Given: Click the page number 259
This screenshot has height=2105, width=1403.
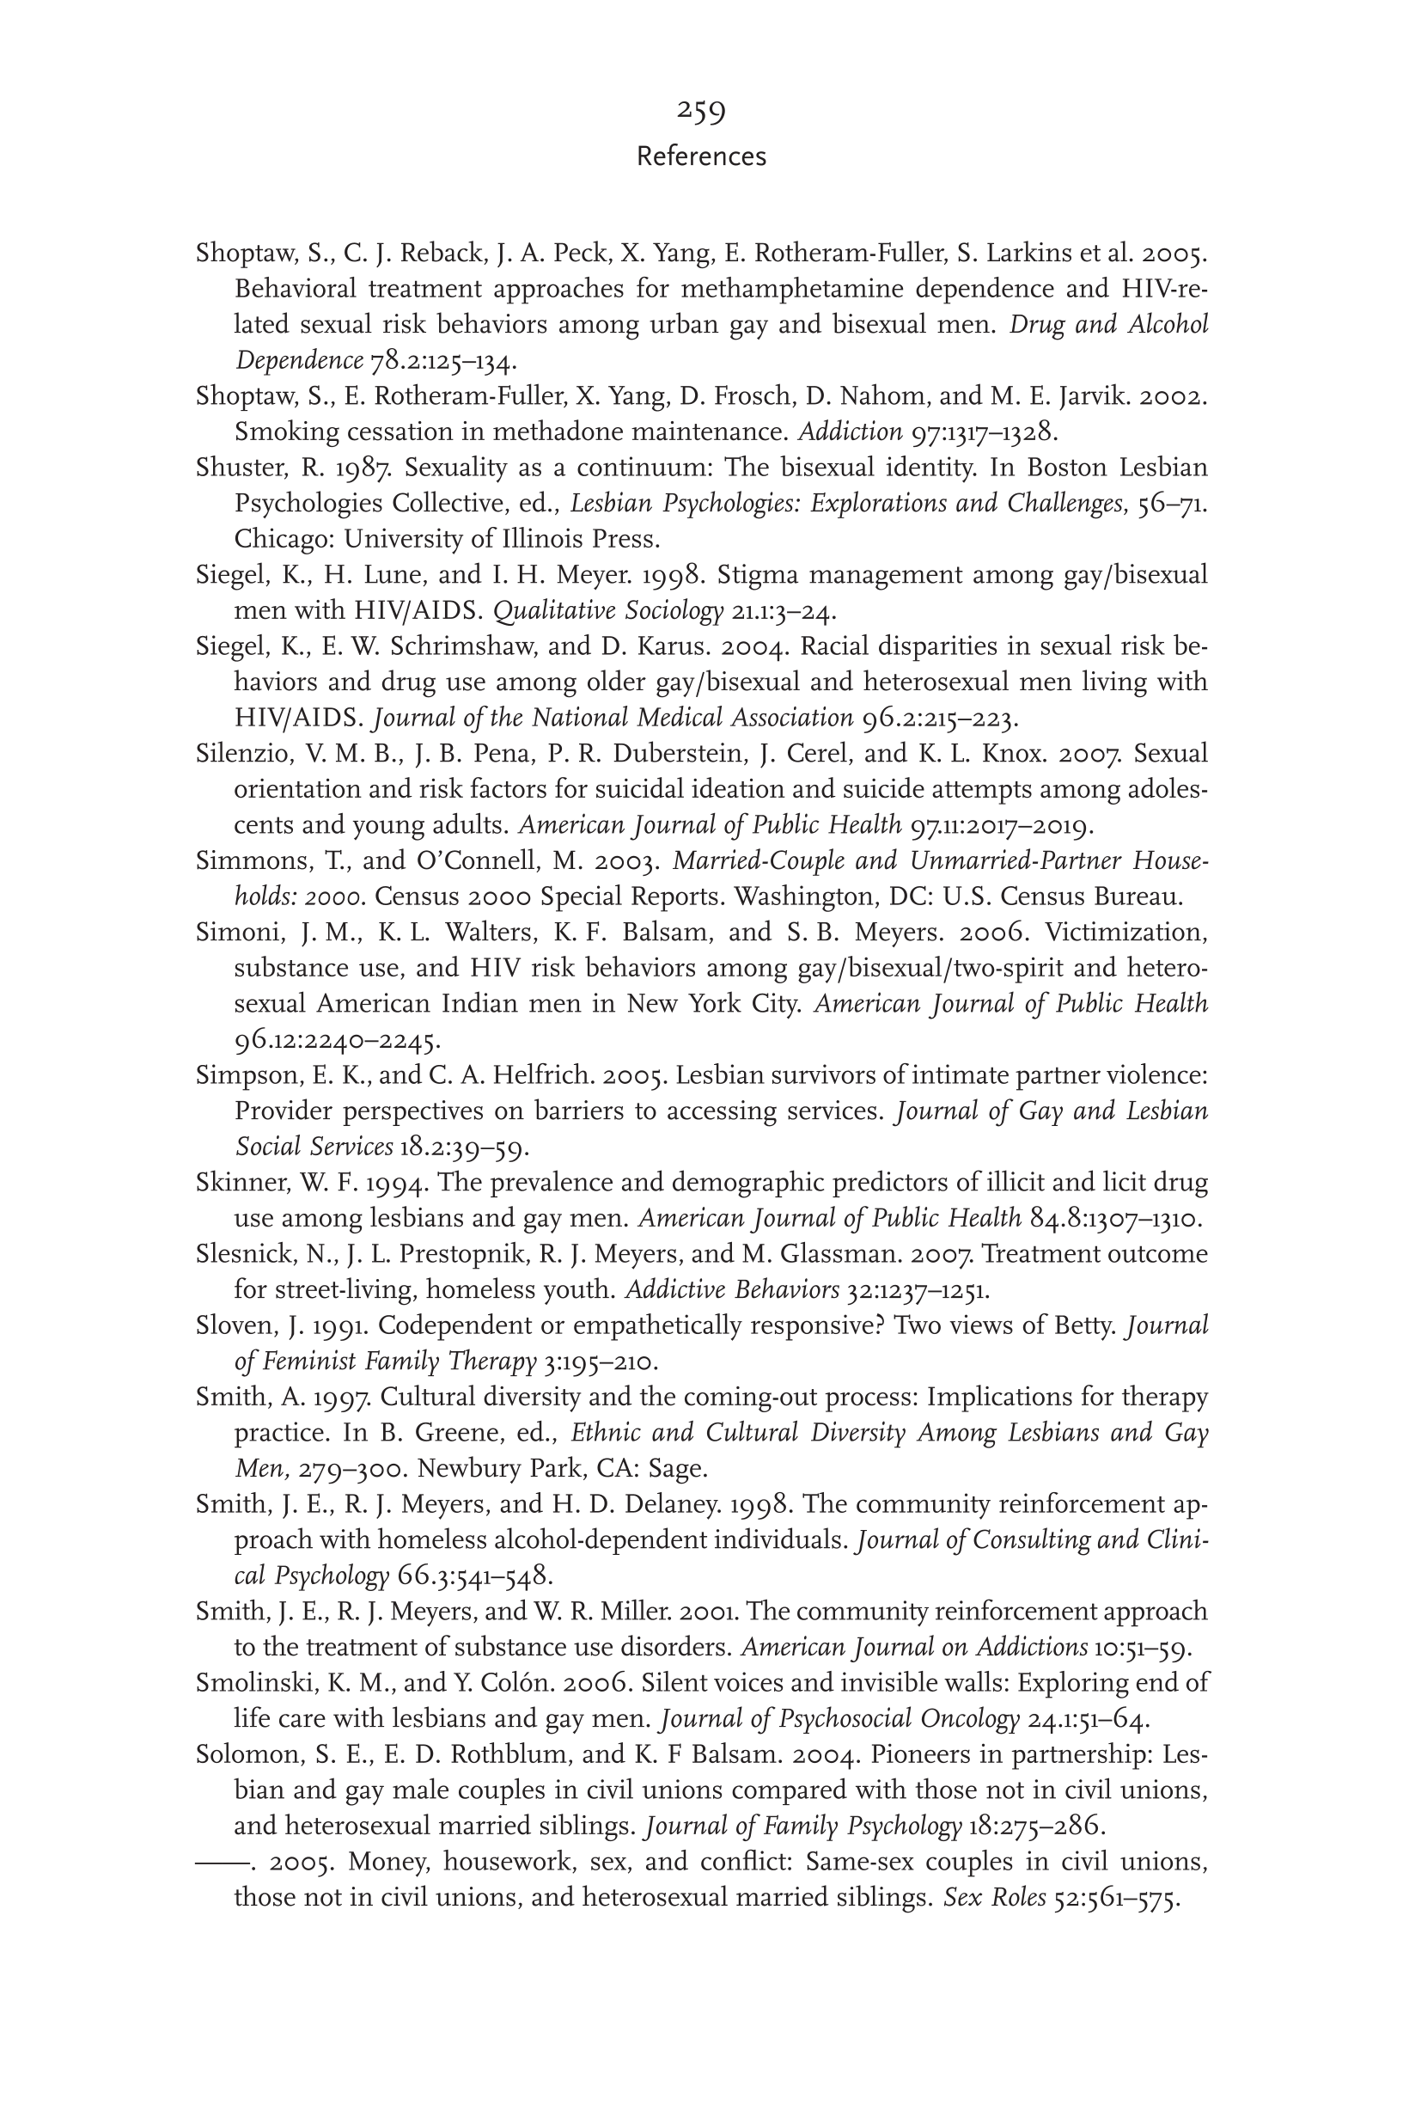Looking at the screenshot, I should pos(700,111).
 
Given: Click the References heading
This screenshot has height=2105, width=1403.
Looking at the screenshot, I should pos(700,156).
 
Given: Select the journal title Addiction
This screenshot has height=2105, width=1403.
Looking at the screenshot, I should pos(850,432).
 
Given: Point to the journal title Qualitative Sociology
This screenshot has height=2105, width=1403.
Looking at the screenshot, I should pos(608,611).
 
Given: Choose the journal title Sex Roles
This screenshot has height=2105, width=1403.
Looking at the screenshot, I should pos(994,1898).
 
